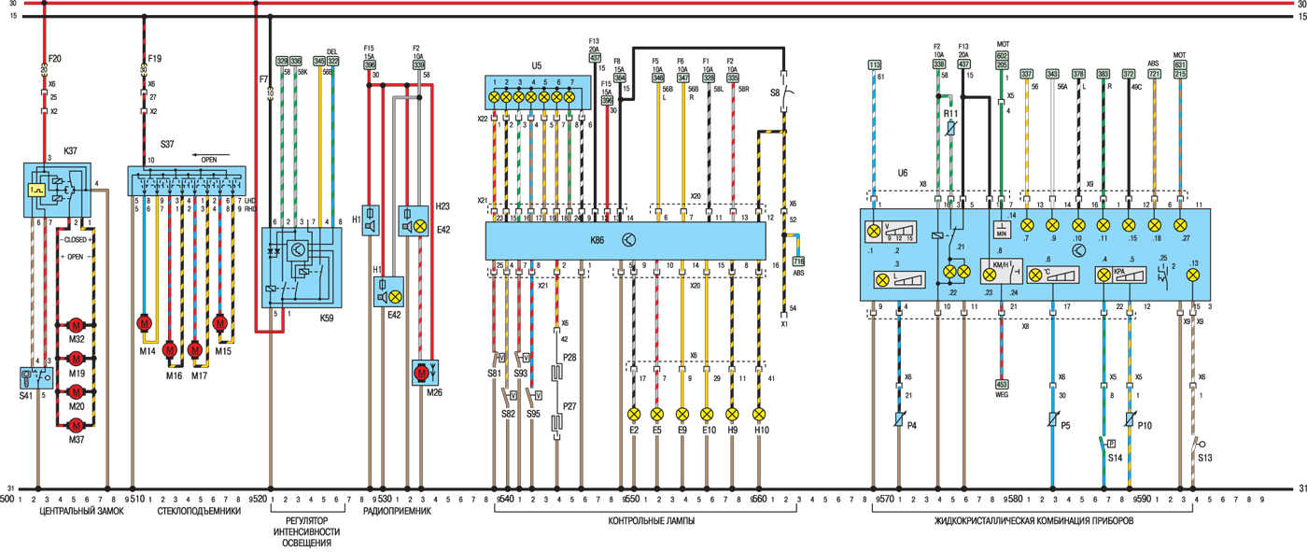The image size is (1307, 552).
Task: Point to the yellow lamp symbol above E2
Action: (x=634, y=414)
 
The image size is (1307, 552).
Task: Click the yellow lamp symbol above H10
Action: (x=758, y=414)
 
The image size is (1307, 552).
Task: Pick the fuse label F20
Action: (x=54, y=57)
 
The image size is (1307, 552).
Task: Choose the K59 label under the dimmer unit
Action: (x=327, y=317)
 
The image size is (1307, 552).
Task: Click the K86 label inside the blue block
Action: (x=597, y=241)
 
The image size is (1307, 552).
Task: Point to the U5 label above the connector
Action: (x=537, y=66)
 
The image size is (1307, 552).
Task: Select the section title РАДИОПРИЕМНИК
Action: (x=397, y=513)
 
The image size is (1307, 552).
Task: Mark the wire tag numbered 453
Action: (x=1002, y=383)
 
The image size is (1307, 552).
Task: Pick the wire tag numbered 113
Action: (x=874, y=64)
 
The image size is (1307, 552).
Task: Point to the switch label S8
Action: (x=774, y=92)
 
